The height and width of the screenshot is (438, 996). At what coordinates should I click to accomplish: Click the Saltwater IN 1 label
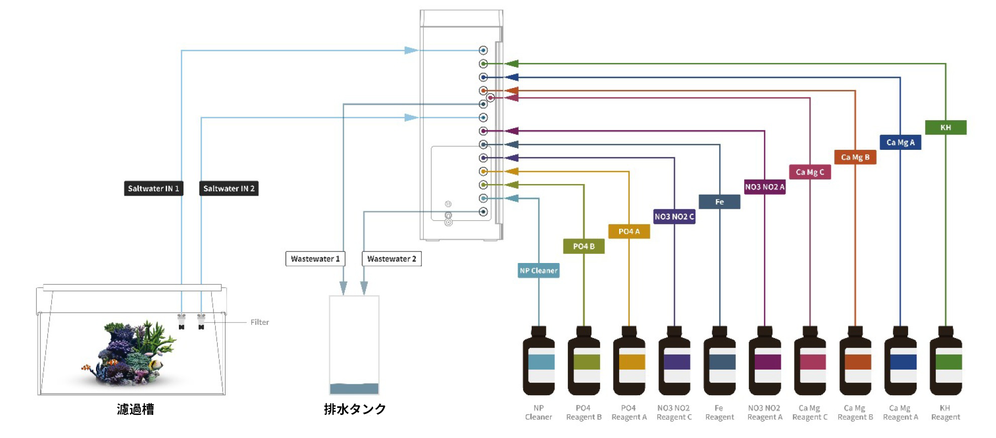tap(153, 189)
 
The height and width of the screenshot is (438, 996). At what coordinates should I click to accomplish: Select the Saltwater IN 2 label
tap(229, 189)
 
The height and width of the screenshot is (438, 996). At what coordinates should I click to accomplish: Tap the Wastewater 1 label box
tap(315, 259)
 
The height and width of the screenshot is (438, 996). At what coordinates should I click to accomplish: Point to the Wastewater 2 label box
tap(391, 259)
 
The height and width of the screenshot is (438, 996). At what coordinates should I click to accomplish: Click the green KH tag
tap(946, 128)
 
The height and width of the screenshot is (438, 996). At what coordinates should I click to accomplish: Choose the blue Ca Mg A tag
tap(901, 142)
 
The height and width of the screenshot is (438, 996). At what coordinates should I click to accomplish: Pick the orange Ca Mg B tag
tap(855, 157)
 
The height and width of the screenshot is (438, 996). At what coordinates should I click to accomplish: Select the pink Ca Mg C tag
tap(810, 172)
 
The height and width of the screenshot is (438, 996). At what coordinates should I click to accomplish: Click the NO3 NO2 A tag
tap(765, 187)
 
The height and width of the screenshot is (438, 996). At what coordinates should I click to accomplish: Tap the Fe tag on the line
tap(720, 202)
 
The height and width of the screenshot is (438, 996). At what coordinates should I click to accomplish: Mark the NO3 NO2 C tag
tap(674, 217)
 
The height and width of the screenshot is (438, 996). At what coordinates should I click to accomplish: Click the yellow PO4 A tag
tap(629, 231)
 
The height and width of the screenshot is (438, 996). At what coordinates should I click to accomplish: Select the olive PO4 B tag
tap(584, 246)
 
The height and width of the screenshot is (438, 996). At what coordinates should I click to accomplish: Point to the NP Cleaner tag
tap(539, 271)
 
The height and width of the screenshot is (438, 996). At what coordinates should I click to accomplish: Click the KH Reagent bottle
tap(946, 361)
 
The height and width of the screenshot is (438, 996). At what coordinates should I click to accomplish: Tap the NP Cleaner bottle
tap(539, 361)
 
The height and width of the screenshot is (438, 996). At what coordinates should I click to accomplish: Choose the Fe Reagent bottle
tap(720, 361)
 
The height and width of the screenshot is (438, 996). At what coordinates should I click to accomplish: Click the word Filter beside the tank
tap(260, 322)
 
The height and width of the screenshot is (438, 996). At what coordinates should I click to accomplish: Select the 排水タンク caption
tap(355, 409)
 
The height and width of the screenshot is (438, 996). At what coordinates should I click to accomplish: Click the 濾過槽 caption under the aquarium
tap(136, 409)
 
